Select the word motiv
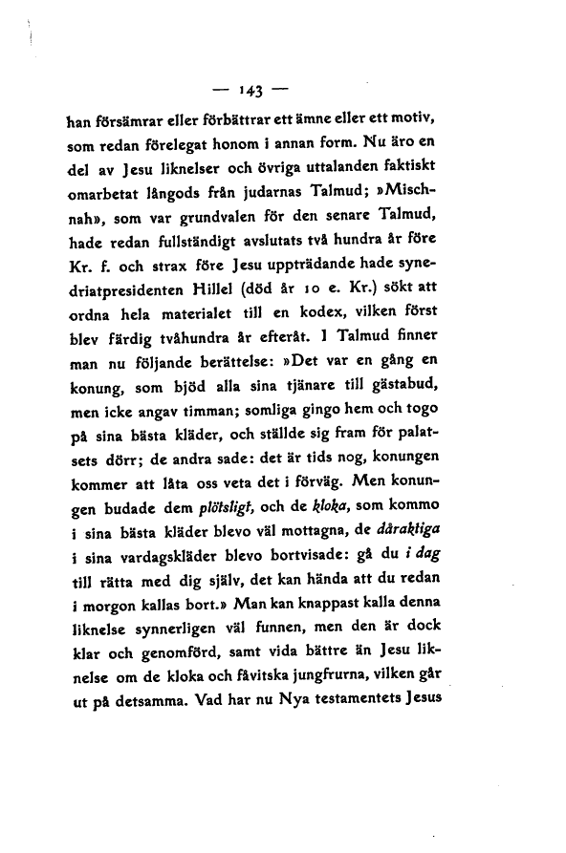pyautogui.click(x=413, y=120)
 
